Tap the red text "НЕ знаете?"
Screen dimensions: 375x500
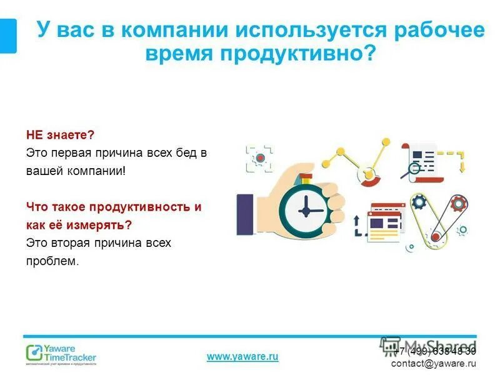point(60,135)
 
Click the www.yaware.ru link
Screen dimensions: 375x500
point(242,356)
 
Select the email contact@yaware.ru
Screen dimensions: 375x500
point(433,363)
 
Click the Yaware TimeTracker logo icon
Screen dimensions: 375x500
point(34,353)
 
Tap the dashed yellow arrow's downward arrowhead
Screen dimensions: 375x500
point(462,168)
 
